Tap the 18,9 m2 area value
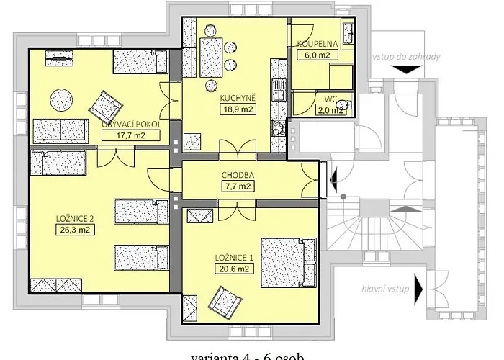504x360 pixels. click(237, 109)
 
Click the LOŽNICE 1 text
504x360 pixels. click(234, 257)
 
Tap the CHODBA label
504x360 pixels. click(237, 175)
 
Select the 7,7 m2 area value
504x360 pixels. click(237, 186)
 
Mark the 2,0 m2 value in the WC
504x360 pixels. click(330, 110)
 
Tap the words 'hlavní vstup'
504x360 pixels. click(387, 289)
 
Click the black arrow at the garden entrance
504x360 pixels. click(407, 69)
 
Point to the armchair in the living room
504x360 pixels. click(107, 107)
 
